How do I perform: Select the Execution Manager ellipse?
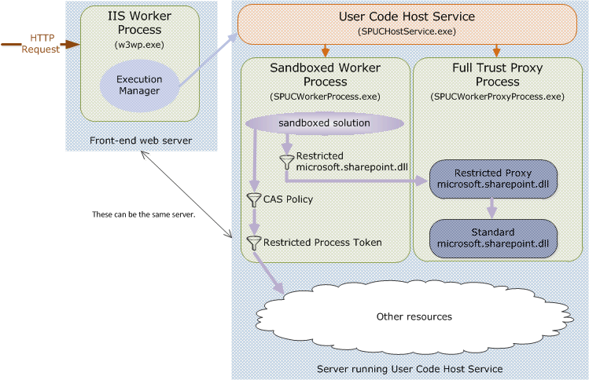tap(139, 85)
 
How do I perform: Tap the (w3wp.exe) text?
tap(139, 46)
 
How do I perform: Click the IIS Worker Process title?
tap(139, 23)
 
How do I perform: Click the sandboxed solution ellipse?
tap(324, 123)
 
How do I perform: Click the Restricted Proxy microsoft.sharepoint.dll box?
tap(494, 177)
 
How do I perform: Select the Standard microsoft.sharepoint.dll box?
tap(494, 238)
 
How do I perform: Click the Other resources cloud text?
tap(414, 316)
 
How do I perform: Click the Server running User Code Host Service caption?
tap(409, 368)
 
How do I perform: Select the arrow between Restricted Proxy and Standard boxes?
tap(493, 207)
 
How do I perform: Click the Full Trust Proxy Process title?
tap(497, 75)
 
